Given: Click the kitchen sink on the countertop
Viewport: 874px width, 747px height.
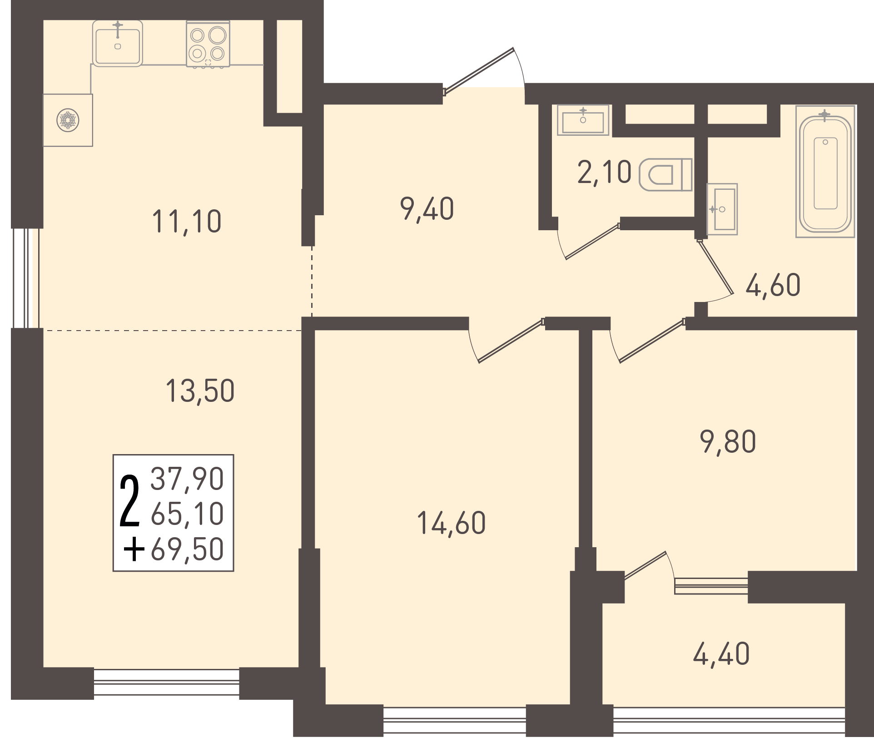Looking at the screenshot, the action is coord(118,44).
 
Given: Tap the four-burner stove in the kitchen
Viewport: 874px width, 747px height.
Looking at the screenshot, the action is coord(208,45).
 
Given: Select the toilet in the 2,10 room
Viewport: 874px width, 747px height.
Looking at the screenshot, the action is coord(665,175).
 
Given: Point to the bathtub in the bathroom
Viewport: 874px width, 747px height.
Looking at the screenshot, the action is coord(825,172).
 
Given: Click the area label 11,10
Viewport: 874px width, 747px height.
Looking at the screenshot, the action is coord(187,222).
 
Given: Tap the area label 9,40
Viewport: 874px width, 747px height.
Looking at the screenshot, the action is coord(427,209).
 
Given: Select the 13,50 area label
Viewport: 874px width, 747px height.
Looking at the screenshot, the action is coord(200,391).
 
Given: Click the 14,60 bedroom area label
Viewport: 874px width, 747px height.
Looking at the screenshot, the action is coord(451,523).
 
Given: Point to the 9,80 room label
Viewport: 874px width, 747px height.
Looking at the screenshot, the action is coord(728,441).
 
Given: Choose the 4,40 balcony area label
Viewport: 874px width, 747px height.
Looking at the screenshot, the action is coord(721,654).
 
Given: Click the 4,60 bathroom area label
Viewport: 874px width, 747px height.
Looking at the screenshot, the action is coord(773,285).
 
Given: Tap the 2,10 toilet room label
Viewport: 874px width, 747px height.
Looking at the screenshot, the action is coord(604,173).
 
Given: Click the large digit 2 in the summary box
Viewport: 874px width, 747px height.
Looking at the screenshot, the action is coord(129,501).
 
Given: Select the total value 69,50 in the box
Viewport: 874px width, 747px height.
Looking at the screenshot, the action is coord(187,549).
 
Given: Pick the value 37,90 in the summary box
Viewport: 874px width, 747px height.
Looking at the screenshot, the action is coord(187,479).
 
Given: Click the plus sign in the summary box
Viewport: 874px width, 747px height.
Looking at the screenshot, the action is coord(134,550).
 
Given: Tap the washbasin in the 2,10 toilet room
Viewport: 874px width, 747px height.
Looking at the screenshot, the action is coord(583,120).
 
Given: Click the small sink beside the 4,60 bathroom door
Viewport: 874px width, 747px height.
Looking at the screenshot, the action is coord(722,209).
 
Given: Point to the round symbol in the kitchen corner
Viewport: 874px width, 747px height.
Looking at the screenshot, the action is coord(68,120).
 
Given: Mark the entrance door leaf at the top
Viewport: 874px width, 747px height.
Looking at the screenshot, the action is coord(478,71).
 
